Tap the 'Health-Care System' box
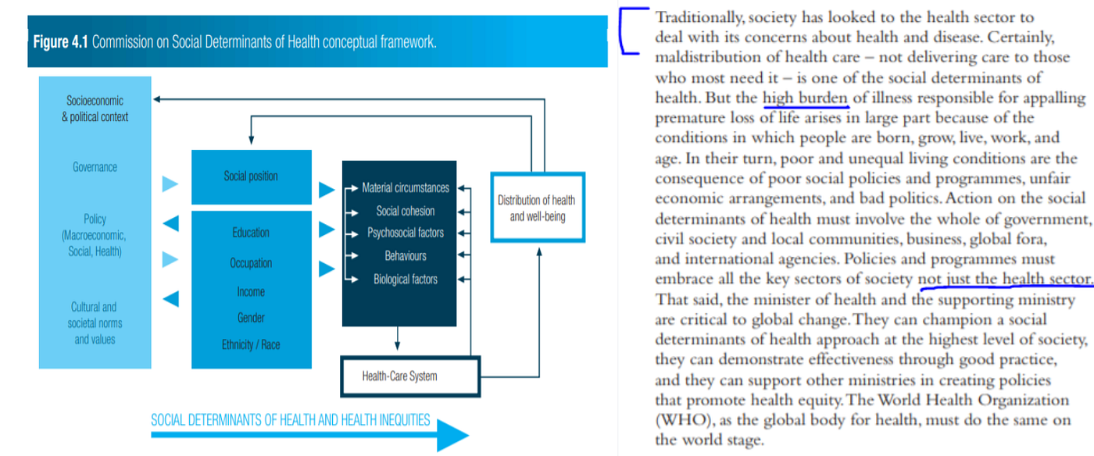click(399, 376)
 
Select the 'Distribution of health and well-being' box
click(537, 208)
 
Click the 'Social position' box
click(251, 176)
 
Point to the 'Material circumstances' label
click(406, 188)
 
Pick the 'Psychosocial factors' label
click(406, 233)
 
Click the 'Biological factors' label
click(406, 279)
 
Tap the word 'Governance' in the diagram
click(95, 167)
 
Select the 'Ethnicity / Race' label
click(251, 344)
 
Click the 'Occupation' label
click(251, 263)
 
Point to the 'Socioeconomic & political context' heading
click(95, 109)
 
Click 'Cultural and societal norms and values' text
click(95, 323)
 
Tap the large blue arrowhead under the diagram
click(452, 433)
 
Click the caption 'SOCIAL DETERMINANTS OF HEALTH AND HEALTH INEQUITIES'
click(290, 420)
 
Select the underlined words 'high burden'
click(805, 98)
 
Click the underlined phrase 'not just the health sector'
click(1004, 279)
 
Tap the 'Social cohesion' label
click(406, 211)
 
